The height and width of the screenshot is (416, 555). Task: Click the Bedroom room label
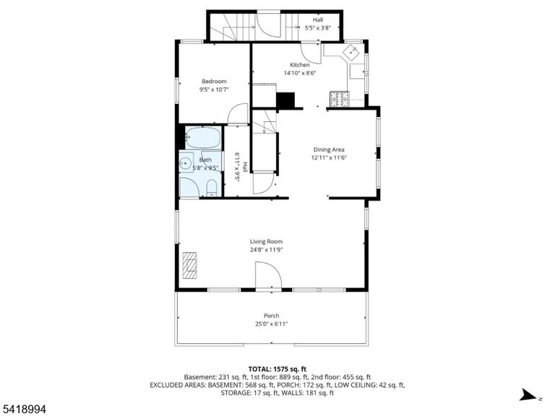[214, 82]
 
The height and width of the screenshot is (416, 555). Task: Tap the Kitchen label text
[300, 65]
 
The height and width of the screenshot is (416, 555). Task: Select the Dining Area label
[329, 149]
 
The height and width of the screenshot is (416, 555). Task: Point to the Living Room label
[266, 242]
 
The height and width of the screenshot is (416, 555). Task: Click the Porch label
[272, 316]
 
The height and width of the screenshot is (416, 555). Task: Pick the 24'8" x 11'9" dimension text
[266, 250]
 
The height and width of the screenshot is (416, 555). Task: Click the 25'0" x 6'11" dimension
[272, 324]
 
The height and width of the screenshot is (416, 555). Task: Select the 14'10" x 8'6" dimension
[300, 73]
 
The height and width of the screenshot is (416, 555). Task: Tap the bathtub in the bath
[203, 138]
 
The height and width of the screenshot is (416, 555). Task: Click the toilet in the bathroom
[211, 188]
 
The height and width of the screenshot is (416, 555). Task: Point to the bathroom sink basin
[185, 163]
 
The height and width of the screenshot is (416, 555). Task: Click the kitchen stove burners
[340, 99]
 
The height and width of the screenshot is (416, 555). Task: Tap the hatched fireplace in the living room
[190, 266]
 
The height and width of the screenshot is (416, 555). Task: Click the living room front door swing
[268, 276]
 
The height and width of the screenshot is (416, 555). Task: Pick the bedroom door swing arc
[238, 114]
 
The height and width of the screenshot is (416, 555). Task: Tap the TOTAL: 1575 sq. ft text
[277, 370]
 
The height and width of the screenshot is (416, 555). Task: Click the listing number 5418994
[23, 409]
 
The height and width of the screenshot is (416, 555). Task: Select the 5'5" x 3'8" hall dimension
[317, 28]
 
